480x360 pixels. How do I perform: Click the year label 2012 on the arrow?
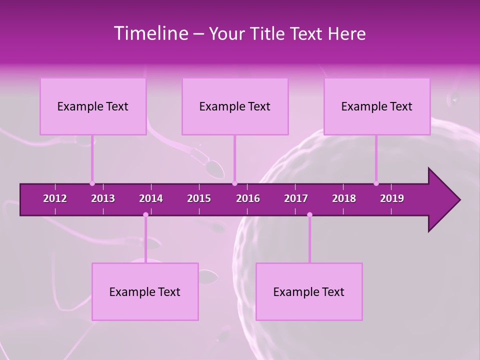coord(55,198)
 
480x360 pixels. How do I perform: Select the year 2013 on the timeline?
coord(103,198)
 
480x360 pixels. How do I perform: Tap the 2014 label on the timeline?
coord(151,198)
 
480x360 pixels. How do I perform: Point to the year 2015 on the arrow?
coord(199,198)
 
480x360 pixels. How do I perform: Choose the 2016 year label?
coord(248,198)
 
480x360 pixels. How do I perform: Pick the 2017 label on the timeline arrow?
coord(296,198)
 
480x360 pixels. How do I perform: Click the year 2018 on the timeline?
coord(344,198)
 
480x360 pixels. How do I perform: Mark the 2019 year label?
coord(392,198)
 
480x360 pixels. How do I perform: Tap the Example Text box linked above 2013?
coord(93,106)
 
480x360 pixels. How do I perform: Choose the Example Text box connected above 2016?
coord(235,106)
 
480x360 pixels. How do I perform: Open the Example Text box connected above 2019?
coord(377,106)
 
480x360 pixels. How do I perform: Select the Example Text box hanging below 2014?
coord(145,292)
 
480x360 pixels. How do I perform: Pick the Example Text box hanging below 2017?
coord(309,292)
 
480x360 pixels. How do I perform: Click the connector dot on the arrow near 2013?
coord(92,183)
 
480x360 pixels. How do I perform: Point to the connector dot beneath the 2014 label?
coord(145,215)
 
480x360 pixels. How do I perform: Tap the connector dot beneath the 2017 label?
coord(309,215)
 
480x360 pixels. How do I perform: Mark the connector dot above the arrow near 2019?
coord(376,183)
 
